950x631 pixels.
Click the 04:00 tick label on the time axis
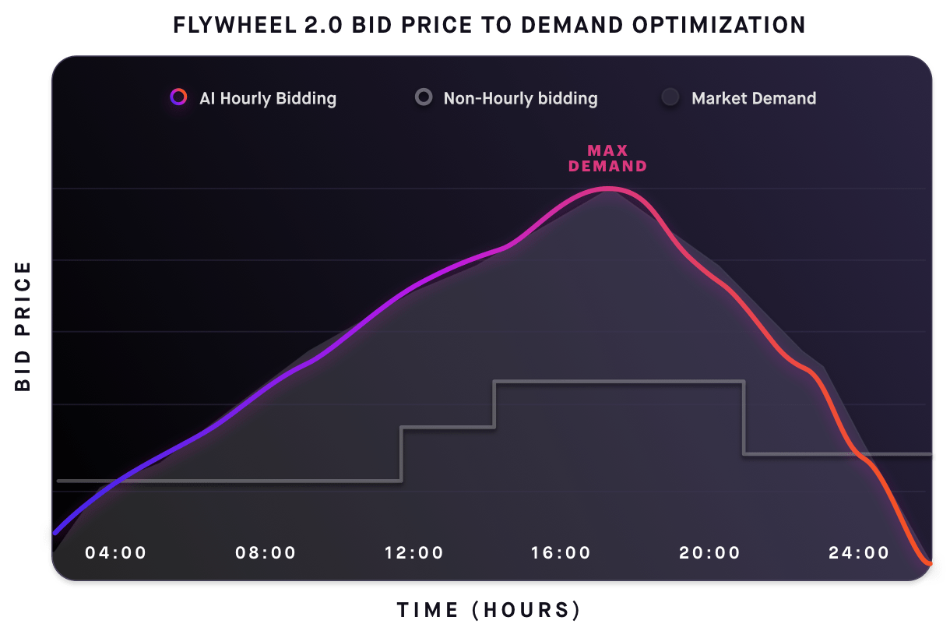click(115, 553)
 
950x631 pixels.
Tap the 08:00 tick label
click(266, 553)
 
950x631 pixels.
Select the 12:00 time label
click(413, 553)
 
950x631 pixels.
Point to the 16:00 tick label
click(561, 553)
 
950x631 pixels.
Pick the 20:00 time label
click(709, 553)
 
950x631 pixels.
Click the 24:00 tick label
click(859, 553)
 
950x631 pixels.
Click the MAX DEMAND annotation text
click(607, 158)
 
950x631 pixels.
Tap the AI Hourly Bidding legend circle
click(179, 98)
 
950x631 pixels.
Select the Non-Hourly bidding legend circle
click(424, 98)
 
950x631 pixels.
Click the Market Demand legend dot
click(670, 98)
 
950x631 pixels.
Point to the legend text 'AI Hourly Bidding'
click(268, 98)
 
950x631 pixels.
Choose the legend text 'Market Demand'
click(754, 98)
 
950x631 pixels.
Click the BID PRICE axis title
click(23, 326)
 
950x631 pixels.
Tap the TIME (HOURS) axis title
click(488, 609)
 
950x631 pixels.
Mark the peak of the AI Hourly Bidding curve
click(609, 189)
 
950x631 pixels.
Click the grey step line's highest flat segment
click(619, 381)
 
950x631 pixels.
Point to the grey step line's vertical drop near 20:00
click(744, 417)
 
